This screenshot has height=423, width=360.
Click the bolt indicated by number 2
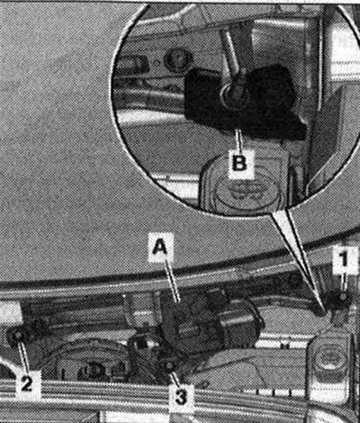[x=18, y=337]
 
